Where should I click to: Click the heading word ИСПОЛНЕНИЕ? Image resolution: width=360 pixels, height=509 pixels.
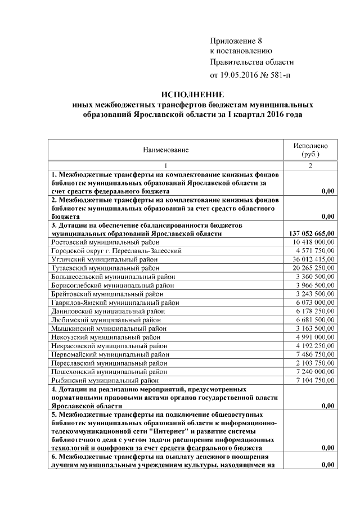[x=193, y=94]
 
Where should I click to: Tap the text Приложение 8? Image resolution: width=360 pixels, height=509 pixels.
[x=236, y=41]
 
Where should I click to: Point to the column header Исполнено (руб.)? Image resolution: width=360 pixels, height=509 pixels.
[x=310, y=149]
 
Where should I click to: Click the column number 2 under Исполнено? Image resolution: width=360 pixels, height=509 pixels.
[x=310, y=166]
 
